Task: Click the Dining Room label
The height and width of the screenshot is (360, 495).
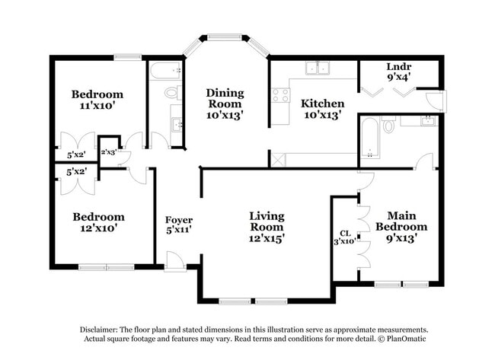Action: click(225, 103)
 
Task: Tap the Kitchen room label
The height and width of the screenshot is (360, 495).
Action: click(322, 108)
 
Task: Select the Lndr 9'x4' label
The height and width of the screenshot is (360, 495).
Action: click(398, 71)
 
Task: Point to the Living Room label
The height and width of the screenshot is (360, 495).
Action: click(267, 227)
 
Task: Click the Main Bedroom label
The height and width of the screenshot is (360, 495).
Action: click(406, 226)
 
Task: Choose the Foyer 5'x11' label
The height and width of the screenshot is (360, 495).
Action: click(178, 225)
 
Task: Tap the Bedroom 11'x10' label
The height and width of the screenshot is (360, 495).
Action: click(97, 100)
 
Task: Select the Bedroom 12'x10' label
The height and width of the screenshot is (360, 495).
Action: click(97, 221)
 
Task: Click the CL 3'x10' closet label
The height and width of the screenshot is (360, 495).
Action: click(344, 237)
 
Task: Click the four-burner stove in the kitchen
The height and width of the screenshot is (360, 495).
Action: click(280, 95)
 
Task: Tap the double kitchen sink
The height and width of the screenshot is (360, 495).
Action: click(317, 68)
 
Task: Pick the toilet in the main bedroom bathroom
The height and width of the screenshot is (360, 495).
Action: click(388, 124)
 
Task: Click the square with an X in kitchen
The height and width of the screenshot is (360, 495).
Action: click(277, 159)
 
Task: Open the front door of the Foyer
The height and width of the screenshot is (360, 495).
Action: click(174, 261)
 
